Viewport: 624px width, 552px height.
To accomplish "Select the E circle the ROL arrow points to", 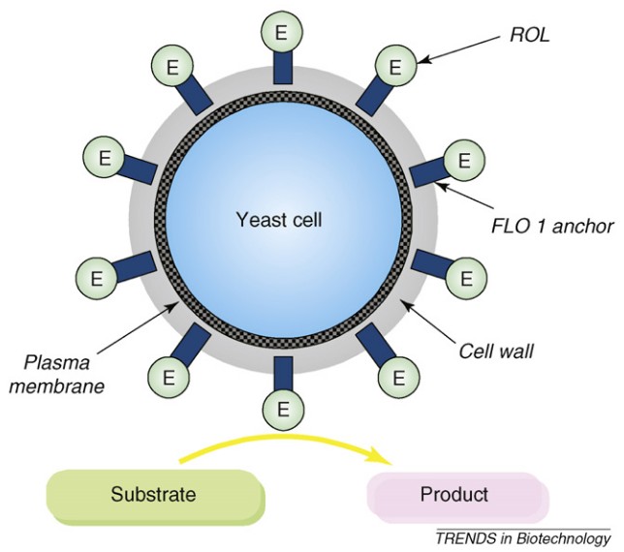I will pos(394,68).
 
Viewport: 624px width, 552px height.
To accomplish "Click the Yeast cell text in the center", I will pos(278,220).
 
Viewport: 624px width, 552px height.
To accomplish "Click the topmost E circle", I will pos(281,32).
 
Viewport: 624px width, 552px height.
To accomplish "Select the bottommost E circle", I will pos(281,411).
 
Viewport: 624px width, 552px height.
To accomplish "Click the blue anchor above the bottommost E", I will pos(281,375).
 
